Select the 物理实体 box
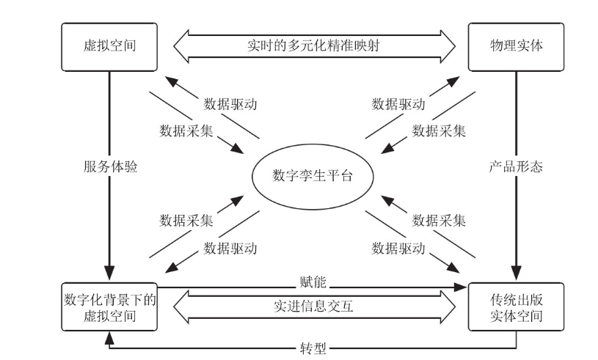(517, 45)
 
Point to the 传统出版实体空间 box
(517, 305)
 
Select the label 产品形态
(517, 166)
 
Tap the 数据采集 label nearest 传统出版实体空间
(439, 220)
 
